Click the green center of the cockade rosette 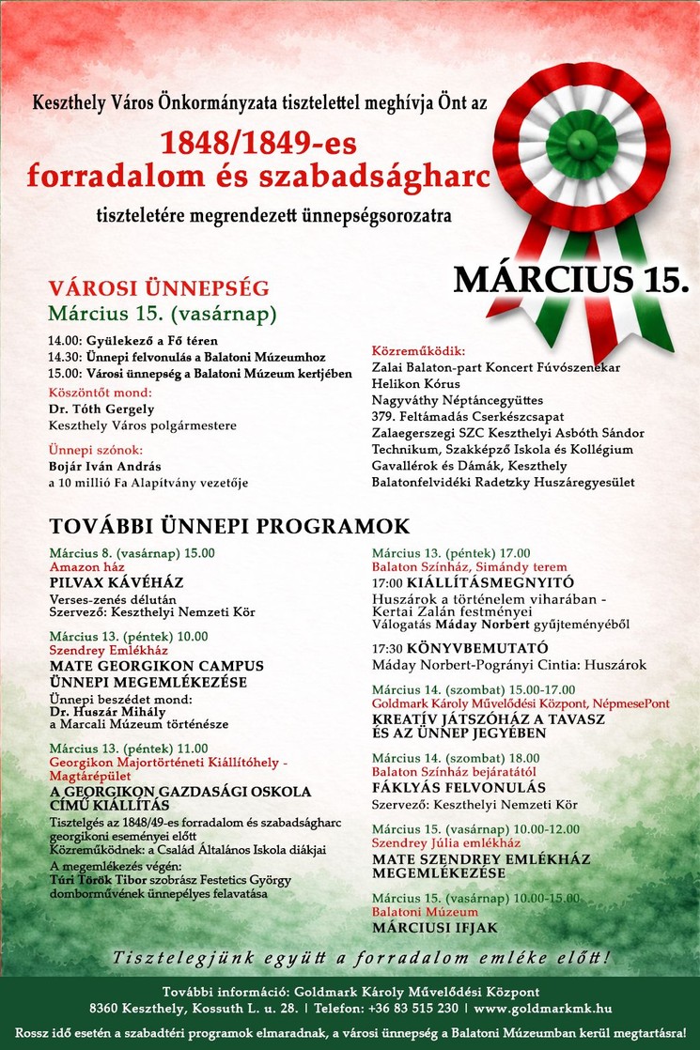[582, 142]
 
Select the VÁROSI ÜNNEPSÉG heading [159, 288]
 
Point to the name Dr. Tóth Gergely [101, 409]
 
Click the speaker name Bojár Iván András [105, 466]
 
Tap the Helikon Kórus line [416, 383]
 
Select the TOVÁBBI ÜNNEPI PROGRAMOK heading [229, 526]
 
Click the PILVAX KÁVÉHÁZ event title [117, 583]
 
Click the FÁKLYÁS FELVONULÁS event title [459, 788]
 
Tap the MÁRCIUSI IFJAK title [435, 928]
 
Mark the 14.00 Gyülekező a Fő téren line [141, 341]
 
